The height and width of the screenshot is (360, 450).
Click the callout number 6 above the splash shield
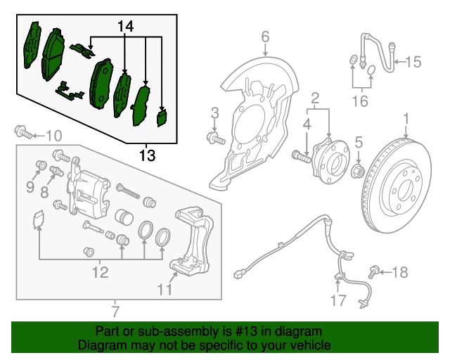[x=266, y=37]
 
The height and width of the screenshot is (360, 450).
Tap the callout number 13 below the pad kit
[x=147, y=156]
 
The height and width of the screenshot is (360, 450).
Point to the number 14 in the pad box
[x=126, y=27]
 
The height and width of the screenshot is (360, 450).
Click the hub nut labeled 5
[x=358, y=171]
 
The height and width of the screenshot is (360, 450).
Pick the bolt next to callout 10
[x=23, y=131]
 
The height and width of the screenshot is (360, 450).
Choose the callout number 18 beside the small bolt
[x=399, y=272]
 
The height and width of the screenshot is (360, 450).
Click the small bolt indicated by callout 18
[x=373, y=271]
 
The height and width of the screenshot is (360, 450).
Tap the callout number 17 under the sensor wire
[x=339, y=300]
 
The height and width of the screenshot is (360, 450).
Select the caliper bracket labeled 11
[x=192, y=242]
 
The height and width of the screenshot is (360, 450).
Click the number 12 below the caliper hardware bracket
[x=100, y=272]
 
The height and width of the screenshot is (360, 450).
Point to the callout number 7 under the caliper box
[x=115, y=311]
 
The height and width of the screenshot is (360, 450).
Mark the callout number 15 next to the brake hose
[x=413, y=62]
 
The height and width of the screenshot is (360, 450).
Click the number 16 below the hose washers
[x=360, y=101]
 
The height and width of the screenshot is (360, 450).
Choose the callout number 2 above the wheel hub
[x=315, y=98]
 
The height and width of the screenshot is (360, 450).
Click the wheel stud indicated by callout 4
[x=301, y=157]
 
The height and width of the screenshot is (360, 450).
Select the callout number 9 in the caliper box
[x=30, y=188]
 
